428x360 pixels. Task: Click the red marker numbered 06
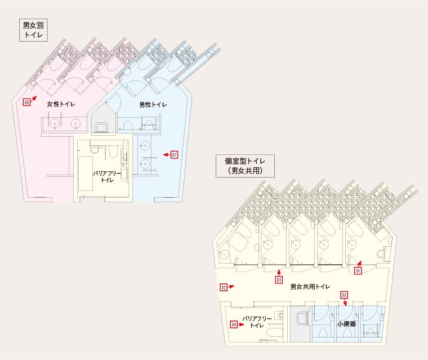(x=26, y=103)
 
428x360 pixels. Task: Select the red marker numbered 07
(x=174, y=155)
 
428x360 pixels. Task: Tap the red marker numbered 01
(x=358, y=270)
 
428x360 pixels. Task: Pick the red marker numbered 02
(x=224, y=287)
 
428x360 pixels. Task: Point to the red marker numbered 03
(x=279, y=280)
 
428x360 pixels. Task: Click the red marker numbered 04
(x=234, y=325)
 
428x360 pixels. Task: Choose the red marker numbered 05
(x=344, y=295)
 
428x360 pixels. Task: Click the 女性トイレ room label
(x=61, y=104)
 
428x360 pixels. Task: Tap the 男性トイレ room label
(x=153, y=105)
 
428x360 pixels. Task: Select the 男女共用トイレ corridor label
(x=310, y=287)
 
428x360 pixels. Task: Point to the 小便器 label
(x=346, y=324)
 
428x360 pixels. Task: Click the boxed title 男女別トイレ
(x=33, y=30)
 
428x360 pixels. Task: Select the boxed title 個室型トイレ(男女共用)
(x=245, y=166)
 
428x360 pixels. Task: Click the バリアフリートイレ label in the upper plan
(x=107, y=176)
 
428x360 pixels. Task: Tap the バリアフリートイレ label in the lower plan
(x=257, y=322)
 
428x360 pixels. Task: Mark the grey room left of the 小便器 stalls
(x=301, y=324)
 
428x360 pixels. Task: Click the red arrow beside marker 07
(x=167, y=155)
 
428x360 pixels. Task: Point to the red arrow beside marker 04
(x=241, y=325)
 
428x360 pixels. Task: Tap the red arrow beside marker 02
(x=231, y=287)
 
